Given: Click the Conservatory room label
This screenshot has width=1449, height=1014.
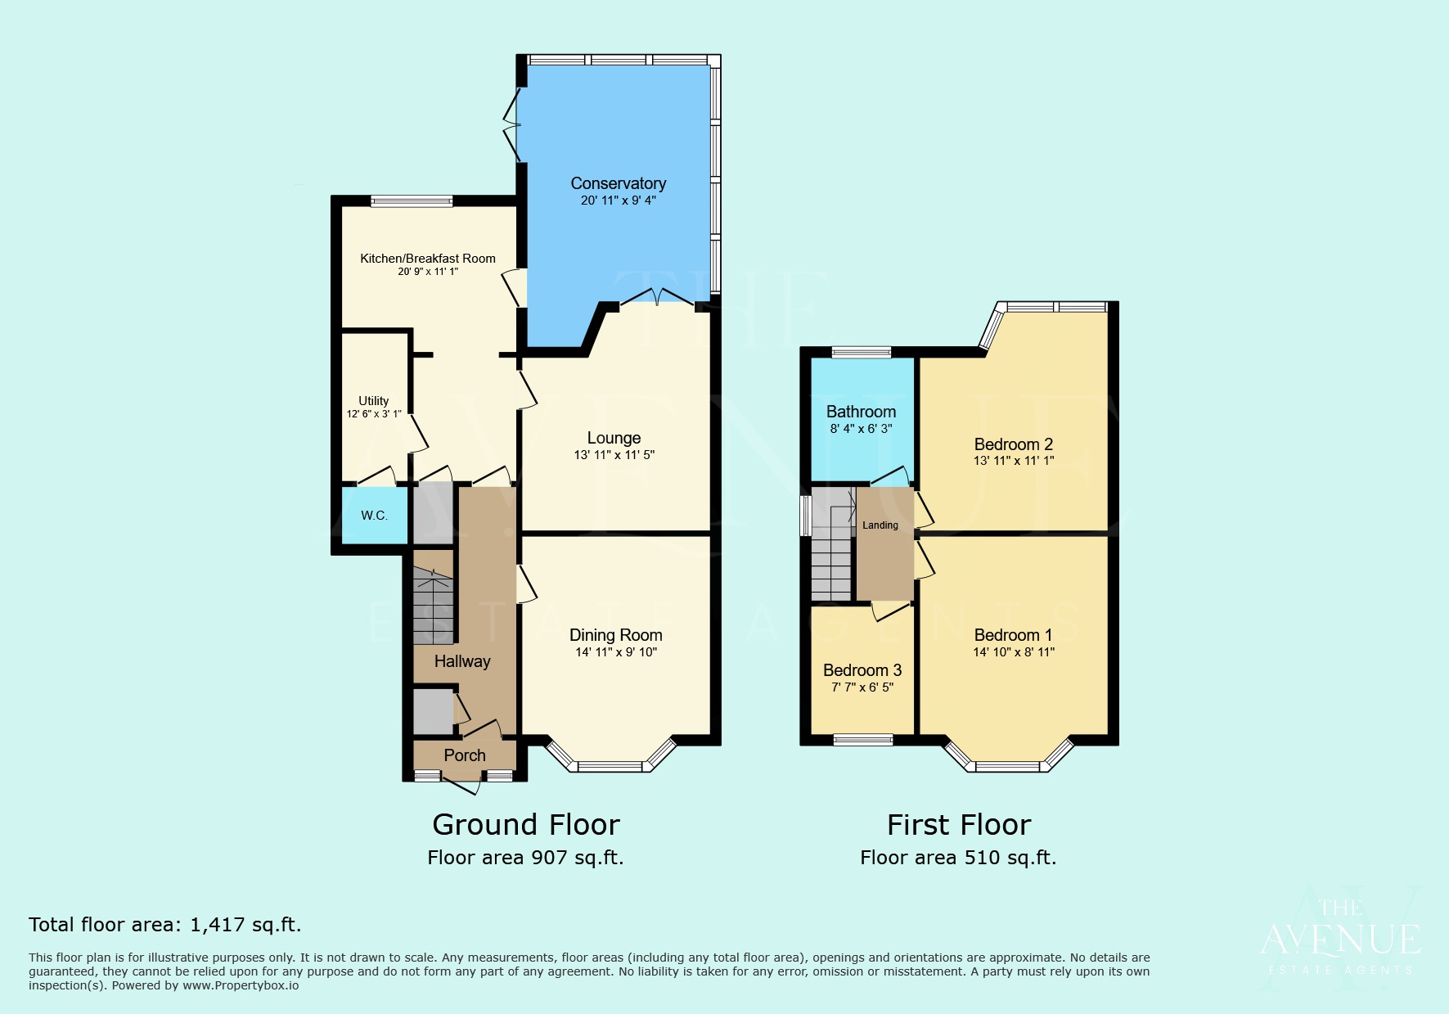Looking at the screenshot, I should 618,183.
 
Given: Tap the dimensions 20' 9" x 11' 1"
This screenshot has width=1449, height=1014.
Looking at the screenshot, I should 428,272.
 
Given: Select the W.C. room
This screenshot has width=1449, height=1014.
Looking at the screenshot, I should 374,516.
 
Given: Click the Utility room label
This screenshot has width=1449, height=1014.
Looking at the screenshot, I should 374,401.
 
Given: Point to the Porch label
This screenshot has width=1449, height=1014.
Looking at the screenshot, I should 465,755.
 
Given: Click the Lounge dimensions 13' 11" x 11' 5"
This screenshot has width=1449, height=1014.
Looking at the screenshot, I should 614,455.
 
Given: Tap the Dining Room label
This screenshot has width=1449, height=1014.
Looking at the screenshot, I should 615,635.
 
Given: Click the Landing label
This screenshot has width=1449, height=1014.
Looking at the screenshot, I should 880,525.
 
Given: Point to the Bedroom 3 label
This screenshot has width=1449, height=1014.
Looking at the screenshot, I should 862,670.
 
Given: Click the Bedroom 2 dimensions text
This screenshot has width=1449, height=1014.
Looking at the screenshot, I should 1014,461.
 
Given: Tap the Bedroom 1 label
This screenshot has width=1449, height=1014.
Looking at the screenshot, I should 1013,635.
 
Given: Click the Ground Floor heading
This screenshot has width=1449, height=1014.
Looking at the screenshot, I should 525,824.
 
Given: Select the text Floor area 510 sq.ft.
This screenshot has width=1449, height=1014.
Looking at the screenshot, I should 958,858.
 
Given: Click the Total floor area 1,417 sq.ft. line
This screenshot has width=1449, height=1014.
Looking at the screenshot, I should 165,925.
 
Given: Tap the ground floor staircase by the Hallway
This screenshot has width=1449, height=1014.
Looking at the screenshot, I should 432,606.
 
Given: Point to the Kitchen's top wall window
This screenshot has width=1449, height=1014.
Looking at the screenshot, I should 412,201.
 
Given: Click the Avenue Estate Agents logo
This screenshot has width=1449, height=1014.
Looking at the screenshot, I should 1340,937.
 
